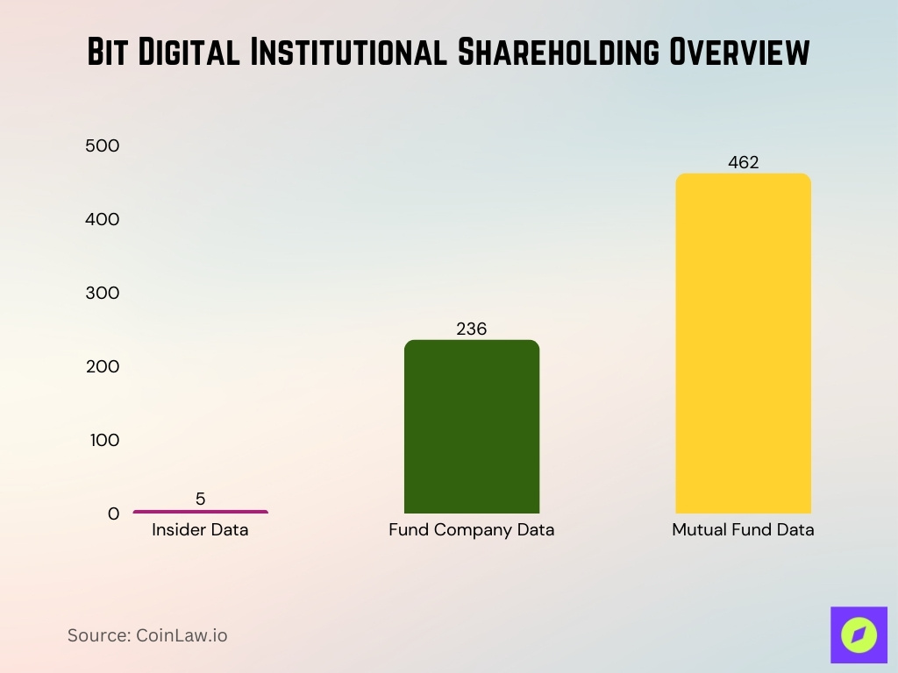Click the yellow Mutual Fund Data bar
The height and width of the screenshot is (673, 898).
tap(743, 344)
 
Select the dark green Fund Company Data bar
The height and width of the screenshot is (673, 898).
tap(472, 427)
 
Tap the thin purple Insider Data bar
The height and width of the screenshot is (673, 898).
tap(201, 512)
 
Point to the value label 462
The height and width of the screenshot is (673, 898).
tap(743, 162)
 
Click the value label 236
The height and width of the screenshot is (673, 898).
tap(472, 329)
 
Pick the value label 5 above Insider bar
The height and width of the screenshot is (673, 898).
tap(201, 499)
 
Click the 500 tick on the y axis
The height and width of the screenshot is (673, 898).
tap(103, 145)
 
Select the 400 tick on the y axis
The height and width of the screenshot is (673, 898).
tap(103, 219)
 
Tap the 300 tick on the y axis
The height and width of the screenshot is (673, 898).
tap(103, 293)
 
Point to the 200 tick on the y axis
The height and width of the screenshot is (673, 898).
tap(103, 366)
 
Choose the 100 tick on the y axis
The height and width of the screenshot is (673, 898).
tap(103, 440)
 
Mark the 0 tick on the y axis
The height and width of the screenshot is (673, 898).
tap(113, 514)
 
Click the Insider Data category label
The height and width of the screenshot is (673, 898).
tap(200, 530)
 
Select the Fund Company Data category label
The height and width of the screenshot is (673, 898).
tap(472, 530)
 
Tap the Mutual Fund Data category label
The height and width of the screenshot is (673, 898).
tap(743, 530)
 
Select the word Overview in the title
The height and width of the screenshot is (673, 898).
tap(739, 53)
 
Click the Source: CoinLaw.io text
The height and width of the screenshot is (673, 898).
tap(147, 635)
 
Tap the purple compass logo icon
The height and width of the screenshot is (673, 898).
tap(859, 634)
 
